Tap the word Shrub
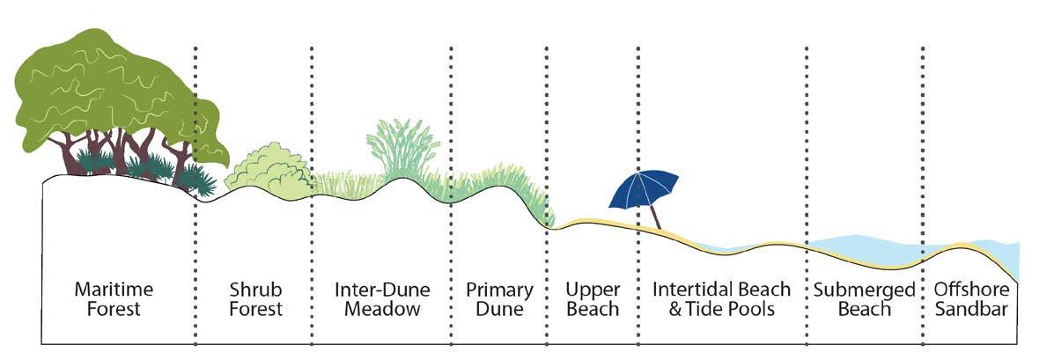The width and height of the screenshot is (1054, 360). (x=250, y=290)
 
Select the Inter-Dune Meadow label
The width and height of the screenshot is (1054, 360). (x=381, y=299)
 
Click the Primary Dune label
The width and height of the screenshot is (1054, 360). (x=499, y=299)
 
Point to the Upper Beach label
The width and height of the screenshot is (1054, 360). (x=593, y=299)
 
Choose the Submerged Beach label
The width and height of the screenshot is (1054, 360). (x=851, y=299)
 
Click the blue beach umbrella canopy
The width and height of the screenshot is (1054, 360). (x=646, y=188)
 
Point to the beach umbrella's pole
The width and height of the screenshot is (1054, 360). (x=655, y=215)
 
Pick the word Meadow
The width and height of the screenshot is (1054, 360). (x=382, y=309)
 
